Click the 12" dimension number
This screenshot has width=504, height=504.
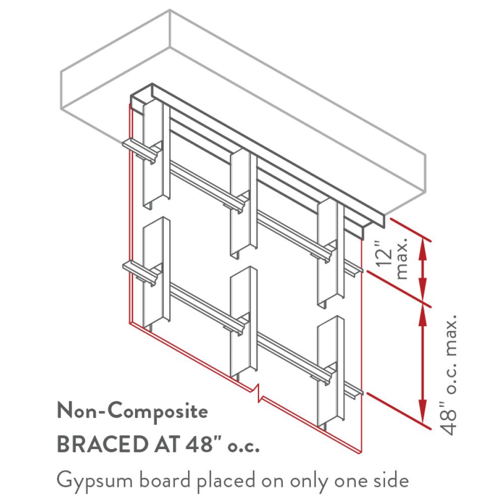click(384, 254)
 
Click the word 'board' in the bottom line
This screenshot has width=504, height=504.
click(165, 480)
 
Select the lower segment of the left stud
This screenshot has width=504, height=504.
click(156, 273)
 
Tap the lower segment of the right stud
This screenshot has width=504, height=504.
click(331, 373)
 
